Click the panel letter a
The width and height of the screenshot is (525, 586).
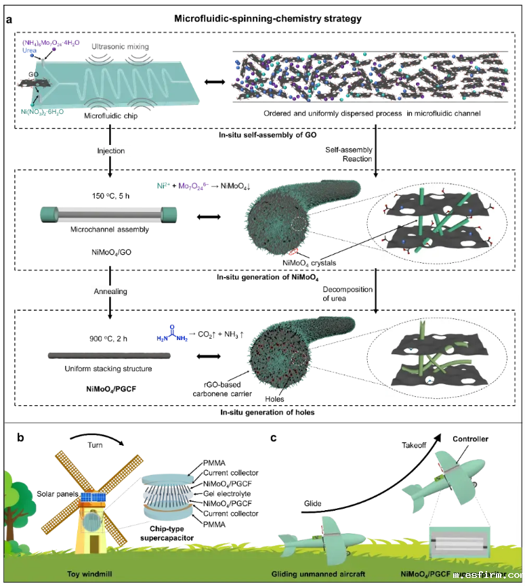pyautogui.click(x=9, y=20)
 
